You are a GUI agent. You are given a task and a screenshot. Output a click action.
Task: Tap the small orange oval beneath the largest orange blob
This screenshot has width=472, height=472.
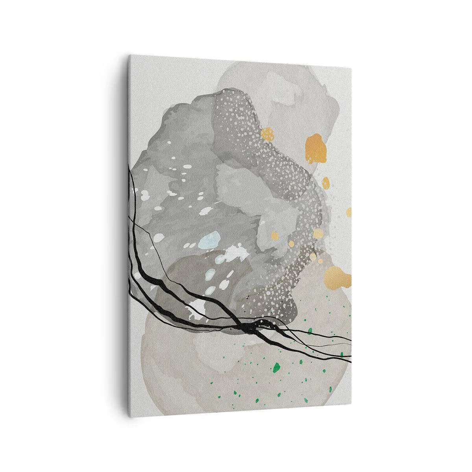click(x=326, y=183)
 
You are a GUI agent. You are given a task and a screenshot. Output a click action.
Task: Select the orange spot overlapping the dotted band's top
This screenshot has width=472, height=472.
click(x=267, y=134)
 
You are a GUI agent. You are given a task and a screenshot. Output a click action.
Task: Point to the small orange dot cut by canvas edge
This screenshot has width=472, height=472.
click(x=348, y=212)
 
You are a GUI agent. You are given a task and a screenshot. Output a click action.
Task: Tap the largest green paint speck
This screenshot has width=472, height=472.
click(x=277, y=367)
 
